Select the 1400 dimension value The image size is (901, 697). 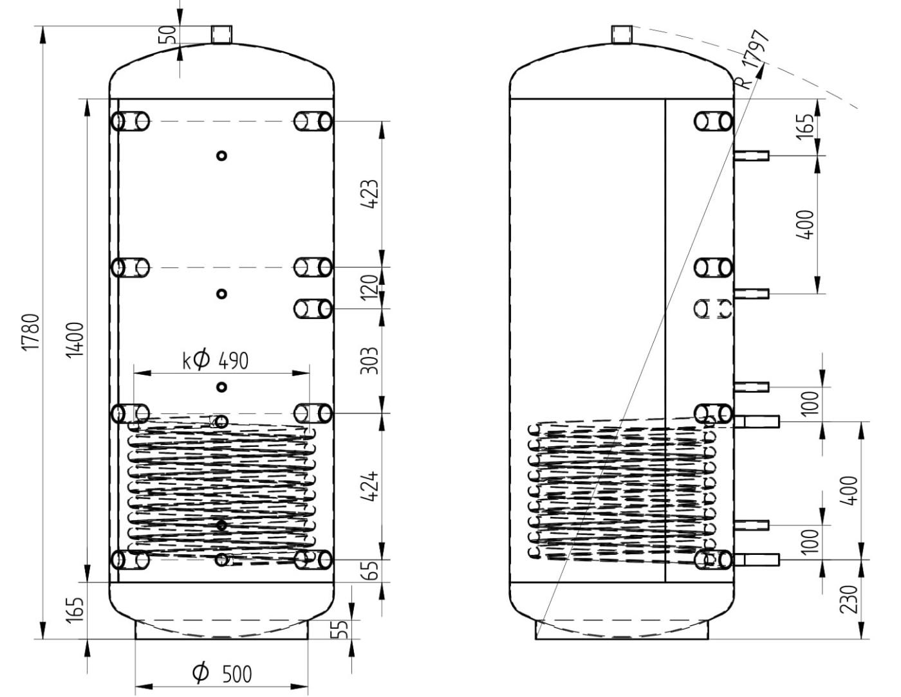point(76,340)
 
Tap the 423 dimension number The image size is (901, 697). point(369,194)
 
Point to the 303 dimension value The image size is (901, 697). point(369,360)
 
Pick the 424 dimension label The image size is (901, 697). point(369,486)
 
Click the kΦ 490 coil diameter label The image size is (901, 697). point(215,360)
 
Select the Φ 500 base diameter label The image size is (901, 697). point(222,673)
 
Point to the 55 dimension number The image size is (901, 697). point(342,629)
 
